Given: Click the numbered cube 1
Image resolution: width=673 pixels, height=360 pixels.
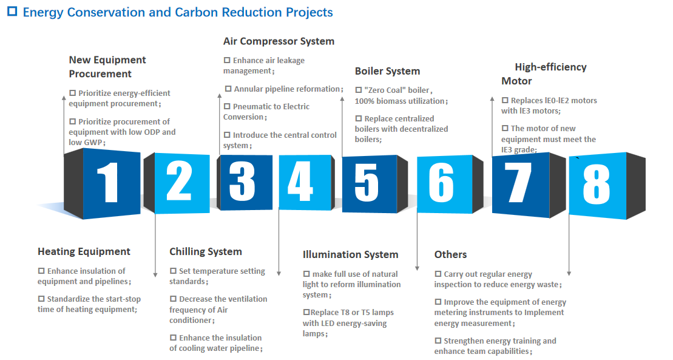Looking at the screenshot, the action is (102, 183).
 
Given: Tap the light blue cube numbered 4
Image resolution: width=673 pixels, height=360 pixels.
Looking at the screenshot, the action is (306, 183).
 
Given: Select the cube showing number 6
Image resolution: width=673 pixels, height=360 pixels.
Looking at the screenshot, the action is (450, 184).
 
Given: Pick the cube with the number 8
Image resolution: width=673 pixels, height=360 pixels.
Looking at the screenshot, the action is (607, 186).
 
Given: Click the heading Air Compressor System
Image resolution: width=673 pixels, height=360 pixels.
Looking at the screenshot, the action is (279, 41).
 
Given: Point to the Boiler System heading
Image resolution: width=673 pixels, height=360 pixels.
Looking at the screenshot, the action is (387, 71).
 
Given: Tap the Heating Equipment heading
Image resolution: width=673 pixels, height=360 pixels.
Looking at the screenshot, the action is (84, 252).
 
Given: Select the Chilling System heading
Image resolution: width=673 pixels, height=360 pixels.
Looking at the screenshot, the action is (206, 252).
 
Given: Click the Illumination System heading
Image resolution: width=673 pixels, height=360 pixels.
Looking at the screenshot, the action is (350, 255).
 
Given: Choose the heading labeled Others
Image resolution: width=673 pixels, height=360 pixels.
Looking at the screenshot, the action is (450, 255).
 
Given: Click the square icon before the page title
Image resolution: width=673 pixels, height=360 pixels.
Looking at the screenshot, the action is (13, 11).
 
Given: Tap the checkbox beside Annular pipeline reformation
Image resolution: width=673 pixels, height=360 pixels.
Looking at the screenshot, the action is (228, 89).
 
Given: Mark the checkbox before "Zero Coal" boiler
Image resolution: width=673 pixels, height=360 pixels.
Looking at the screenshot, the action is (359, 90).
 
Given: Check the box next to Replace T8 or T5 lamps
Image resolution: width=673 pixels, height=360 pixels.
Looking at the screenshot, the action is (306, 312).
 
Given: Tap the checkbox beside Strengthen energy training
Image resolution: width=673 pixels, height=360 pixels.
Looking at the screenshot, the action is (438, 341).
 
